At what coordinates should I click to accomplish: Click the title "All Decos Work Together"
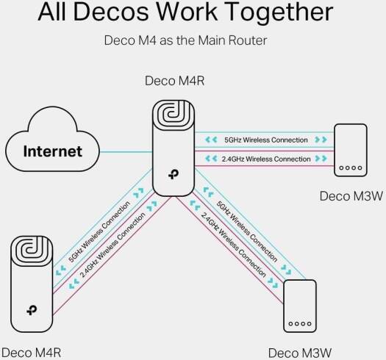(193, 13)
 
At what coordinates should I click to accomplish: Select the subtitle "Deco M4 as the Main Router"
(193, 41)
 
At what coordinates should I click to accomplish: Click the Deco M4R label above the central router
(174, 79)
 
